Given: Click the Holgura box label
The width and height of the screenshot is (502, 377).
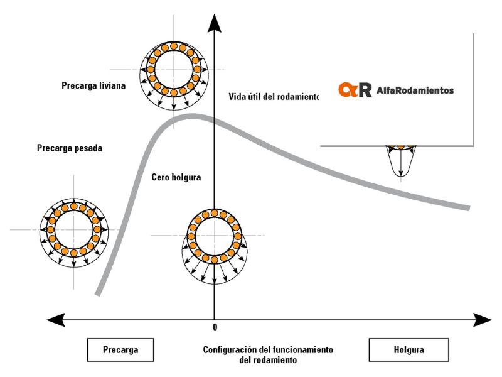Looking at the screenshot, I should [409, 350].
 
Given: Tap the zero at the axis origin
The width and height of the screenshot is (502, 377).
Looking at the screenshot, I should [215, 327].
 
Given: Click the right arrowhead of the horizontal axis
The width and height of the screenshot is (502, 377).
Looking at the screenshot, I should [482, 320].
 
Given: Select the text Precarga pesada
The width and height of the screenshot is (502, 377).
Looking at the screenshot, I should [69, 149].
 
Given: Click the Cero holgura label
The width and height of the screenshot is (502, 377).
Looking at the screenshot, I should [176, 177].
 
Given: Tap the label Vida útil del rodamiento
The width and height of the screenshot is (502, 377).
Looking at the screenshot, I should [274, 97].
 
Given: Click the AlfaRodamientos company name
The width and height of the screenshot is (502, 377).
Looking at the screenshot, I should [415, 90].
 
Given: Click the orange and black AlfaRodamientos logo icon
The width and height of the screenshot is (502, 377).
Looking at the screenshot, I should [355, 90].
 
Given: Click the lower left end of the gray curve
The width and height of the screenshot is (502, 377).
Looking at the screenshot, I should [98, 292].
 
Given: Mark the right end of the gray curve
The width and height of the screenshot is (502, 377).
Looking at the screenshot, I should [468, 208].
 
